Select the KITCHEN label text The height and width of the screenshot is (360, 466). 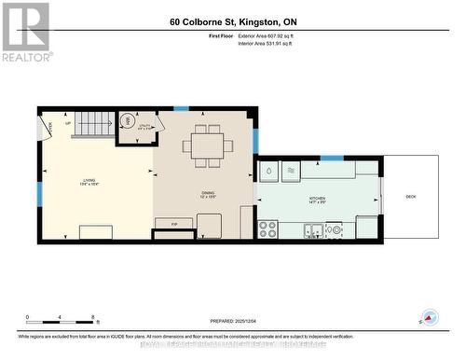[319, 200]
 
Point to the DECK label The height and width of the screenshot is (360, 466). [411, 196]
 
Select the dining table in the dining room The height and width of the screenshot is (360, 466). [207, 145]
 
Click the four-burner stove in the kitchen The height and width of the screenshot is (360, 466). [268, 227]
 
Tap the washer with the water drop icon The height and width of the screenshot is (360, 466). [268, 172]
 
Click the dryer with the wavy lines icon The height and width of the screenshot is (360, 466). [290, 172]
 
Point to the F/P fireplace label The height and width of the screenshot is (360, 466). [174, 225]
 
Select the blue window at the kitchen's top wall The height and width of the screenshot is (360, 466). [331, 158]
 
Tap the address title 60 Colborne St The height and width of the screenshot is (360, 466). [232, 21]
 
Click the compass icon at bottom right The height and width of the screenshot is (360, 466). [430, 318]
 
